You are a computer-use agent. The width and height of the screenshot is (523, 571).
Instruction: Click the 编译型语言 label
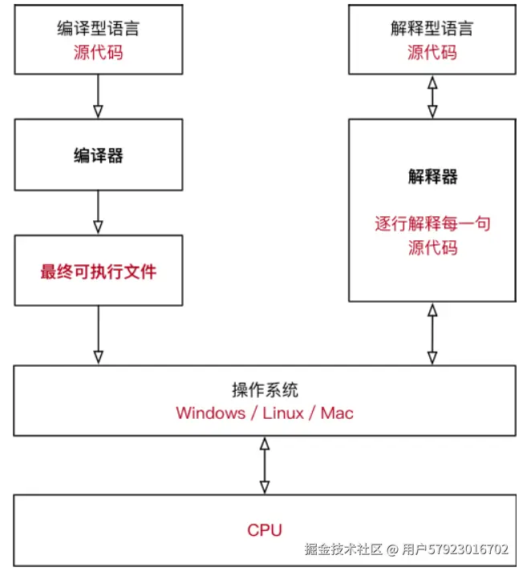point(98,29)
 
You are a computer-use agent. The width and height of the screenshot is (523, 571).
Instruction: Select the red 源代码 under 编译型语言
point(98,53)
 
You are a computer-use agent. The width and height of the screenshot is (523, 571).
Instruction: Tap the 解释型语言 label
point(432,29)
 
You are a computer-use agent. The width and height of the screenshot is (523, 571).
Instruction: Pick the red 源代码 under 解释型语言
point(432,53)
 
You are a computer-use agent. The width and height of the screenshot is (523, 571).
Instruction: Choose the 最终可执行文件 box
point(98,271)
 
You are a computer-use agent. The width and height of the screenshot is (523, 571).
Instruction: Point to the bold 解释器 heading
point(432,177)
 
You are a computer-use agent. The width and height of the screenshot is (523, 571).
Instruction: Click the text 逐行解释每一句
point(432,223)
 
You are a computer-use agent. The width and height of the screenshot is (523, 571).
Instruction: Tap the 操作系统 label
point(265,390)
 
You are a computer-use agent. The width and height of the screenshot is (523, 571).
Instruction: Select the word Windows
point(210,413)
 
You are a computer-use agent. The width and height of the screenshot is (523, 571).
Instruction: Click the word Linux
point(283,413)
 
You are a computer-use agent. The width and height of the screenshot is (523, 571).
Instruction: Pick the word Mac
point(337,413)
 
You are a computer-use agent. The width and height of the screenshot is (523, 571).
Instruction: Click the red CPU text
point(265,529)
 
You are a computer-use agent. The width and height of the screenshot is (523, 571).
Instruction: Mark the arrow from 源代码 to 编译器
point(98,96)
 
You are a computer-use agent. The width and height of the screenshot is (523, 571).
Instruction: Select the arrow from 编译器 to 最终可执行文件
point(98,211)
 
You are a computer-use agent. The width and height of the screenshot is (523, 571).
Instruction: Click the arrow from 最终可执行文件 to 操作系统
point(98,334)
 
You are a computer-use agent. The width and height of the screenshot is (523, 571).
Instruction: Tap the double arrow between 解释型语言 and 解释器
point(432,96)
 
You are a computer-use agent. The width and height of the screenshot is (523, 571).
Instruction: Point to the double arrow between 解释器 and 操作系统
point(432,333)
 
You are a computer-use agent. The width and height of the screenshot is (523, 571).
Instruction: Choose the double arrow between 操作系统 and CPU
point(265,464)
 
